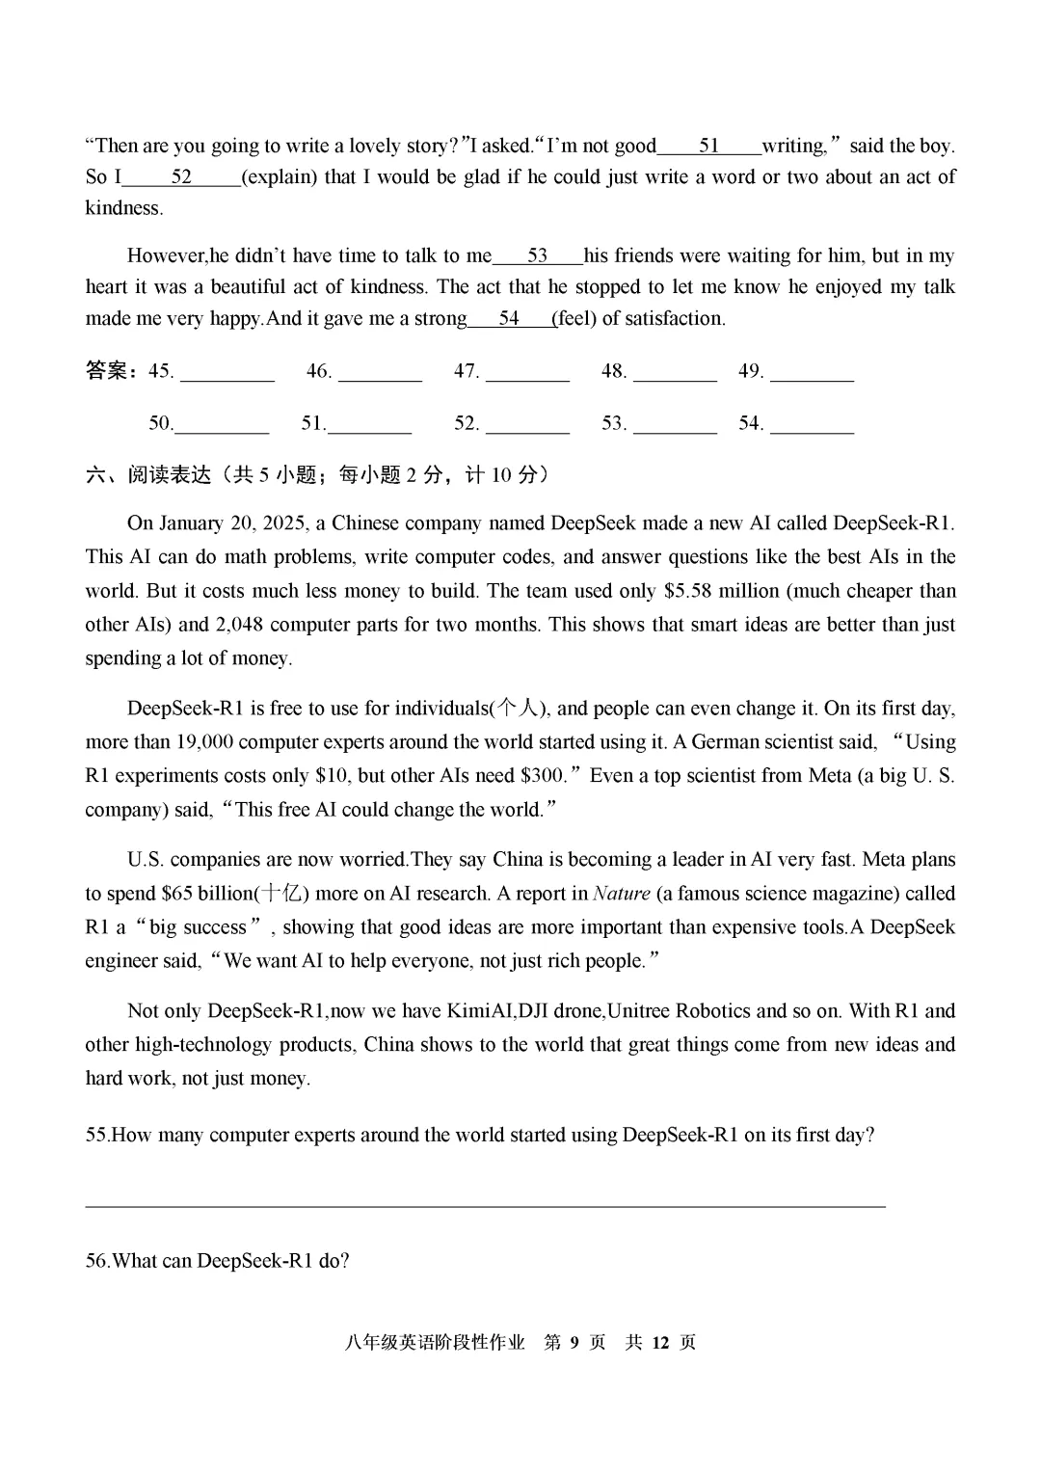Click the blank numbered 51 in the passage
click(x=708, y=147)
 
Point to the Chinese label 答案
click(x=106, y=371)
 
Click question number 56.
click(x=97, y=1261)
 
